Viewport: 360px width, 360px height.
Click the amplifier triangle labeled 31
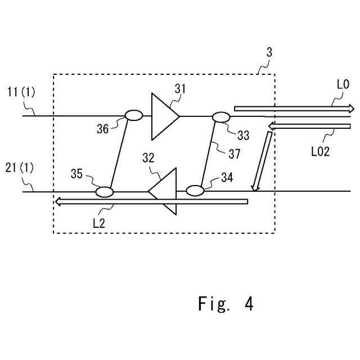pos(163,116)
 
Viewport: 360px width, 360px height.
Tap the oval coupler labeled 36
pos(134,115)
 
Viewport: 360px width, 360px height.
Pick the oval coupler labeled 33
pos(221,117)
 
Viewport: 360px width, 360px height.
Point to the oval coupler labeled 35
pos(105,192)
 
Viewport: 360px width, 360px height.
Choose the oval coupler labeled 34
pos(194,190)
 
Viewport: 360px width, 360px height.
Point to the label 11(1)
pos(20,91)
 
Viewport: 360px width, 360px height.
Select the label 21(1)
pos(20,168)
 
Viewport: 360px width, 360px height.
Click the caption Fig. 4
pos(226,304)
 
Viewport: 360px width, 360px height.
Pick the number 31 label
pos(179,88)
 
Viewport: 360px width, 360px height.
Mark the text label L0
pos(343,85)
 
